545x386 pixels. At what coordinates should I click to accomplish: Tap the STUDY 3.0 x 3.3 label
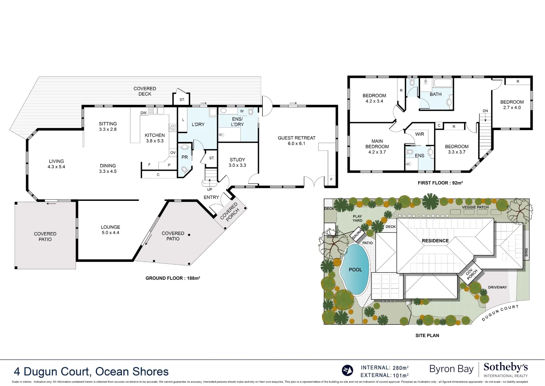[x=237, y=162]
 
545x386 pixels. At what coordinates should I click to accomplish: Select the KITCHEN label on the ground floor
[x=155, y=138]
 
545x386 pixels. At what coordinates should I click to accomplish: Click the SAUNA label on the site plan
[x=357, y=234]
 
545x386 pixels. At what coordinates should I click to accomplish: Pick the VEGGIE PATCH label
[x=475, y=207]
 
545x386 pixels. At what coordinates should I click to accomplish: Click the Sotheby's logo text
[x=505, y=367]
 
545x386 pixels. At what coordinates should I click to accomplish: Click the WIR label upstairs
[x=419, y=134]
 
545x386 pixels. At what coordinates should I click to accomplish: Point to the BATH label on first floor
[x=435, y=94]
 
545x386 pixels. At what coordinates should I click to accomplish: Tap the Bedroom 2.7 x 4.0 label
[x=512, y=104]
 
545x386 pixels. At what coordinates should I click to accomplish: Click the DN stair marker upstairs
[x=485, y=111]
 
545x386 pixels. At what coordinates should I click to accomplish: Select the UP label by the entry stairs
[x=210, y=189]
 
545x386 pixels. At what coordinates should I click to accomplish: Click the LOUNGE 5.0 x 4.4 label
[x=110, y=229]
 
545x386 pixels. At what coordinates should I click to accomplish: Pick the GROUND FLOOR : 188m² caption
[x=173, y=278]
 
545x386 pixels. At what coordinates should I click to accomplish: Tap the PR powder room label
[x=185, y=157]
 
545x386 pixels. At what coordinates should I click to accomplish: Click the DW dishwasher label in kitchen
[x=143, y=113]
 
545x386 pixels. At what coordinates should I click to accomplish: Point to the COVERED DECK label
[x=145, y=91]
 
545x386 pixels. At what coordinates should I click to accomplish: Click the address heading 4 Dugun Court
[x=91, y=371]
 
